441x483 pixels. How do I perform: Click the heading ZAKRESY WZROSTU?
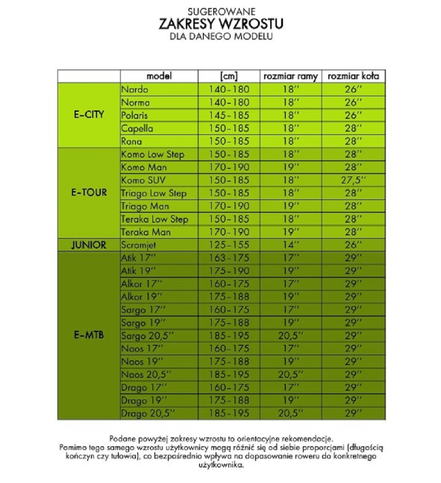pos(221,24)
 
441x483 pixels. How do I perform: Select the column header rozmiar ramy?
pos(290,76)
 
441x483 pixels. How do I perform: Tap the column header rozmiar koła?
pos(353,76)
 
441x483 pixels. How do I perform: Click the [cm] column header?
pos(229,76)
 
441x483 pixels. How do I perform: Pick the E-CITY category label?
pos(89,115)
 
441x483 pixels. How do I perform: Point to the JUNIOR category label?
pos(89,245)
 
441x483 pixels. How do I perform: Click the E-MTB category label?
pos(89,335)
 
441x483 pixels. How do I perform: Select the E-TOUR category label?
pos(89,192)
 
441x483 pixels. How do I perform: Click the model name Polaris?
pos(134,116)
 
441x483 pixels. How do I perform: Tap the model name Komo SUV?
pos(143,180)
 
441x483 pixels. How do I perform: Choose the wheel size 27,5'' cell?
pos(353,180)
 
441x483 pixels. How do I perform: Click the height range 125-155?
pos(229,245)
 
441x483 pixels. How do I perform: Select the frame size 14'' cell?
pos(291,245)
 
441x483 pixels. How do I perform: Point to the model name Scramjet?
pos(139,245)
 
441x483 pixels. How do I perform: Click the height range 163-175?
pos(229,258)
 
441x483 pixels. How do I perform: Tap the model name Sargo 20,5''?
pos(148,336)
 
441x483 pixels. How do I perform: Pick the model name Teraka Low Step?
pos(155,219)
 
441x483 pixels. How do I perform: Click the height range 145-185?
pos(229,116)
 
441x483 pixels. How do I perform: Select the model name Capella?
pos(137,128)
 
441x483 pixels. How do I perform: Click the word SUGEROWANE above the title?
pos(221,10)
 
